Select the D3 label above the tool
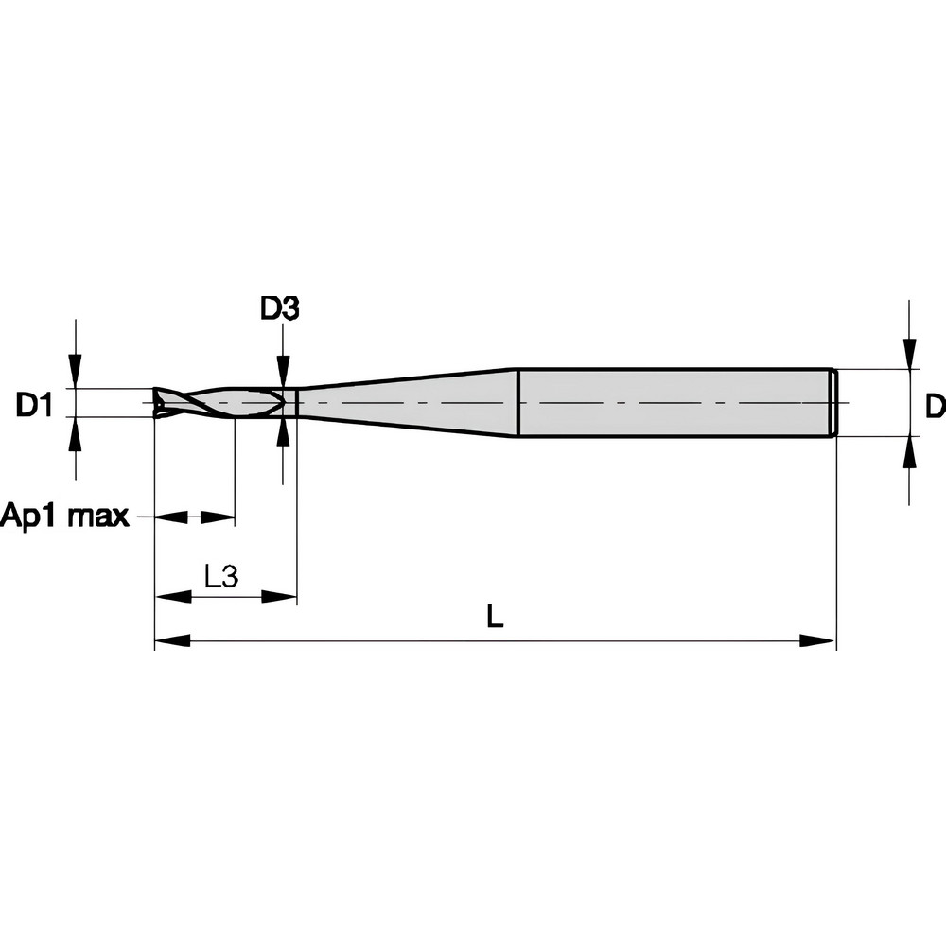tap(280, 308)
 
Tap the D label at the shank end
tap(934, 406)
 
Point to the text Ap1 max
tap(64, 517)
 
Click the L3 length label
tap(220, 576)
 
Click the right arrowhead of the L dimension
tap(818, 641)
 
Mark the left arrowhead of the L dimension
tap(171, 641)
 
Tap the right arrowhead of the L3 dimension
tap(280, 596)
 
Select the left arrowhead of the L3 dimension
tap(171, 596)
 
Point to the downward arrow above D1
tap(76, 370)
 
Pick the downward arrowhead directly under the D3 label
tap(282, 371)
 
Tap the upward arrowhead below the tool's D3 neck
tap(282, 432)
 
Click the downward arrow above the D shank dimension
tap(909, 353)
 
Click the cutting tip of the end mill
tap(160, 403)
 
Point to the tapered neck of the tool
tap(407, 403)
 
